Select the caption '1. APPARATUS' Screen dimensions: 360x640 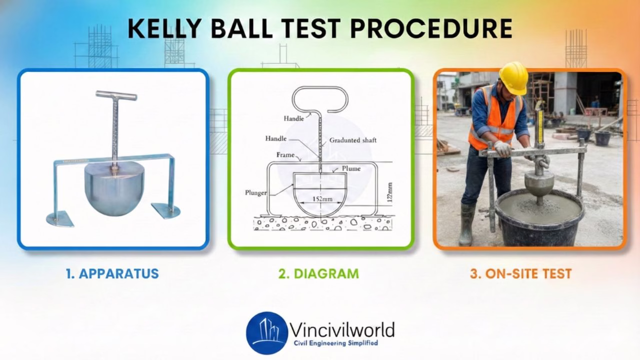pos(112,274)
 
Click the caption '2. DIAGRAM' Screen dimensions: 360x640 pos(319,274)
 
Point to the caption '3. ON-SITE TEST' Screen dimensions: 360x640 pos(520,274)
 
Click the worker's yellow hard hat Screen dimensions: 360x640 pos(513,78)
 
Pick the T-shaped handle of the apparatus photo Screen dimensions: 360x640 pos(116,95)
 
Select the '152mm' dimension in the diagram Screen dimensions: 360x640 pos(321,198)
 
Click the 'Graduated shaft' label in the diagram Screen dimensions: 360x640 pos(352,140)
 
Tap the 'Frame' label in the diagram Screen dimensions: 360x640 pos(285,155)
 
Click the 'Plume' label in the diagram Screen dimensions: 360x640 pos(351,168)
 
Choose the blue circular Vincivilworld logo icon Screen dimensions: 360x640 pos(267,333)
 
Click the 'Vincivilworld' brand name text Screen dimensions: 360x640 pos(342,330)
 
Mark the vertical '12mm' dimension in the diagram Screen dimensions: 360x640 pos(389,193)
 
